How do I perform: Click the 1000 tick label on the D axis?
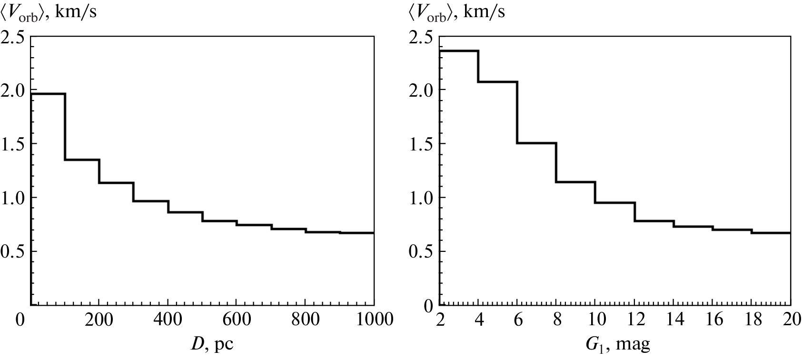pos(374,320)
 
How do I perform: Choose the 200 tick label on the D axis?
pos(99,320)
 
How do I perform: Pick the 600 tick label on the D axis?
pos(237,320)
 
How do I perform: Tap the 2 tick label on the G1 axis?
pos(441,320)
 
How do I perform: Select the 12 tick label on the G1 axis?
pos(635,320)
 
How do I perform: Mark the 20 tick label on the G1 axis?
pos(791,320)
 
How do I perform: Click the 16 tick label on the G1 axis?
pos(713,320)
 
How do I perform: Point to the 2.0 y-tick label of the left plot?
pos(14,90)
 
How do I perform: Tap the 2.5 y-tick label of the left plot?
pos(14,36)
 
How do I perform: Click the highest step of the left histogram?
pos(48,94)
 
